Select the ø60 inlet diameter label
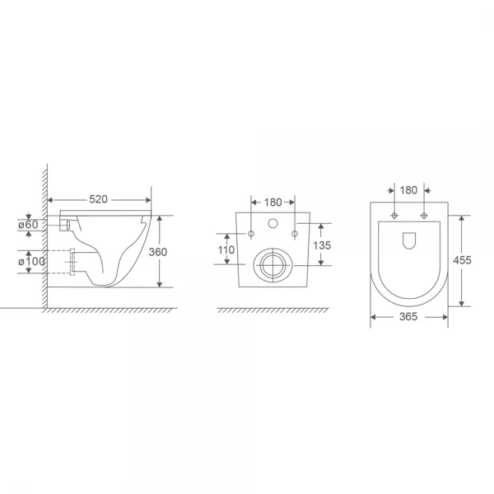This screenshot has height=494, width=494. coord(28,224)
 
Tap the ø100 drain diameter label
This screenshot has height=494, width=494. coord(30,262)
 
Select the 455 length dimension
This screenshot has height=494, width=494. coord(463,260)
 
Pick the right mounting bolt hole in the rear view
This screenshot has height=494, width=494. coord(293,235)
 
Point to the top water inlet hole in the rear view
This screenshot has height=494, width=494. coord(272,224)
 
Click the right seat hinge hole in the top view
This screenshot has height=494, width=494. coord(423,217)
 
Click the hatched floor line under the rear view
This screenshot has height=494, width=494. coord(272,310)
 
